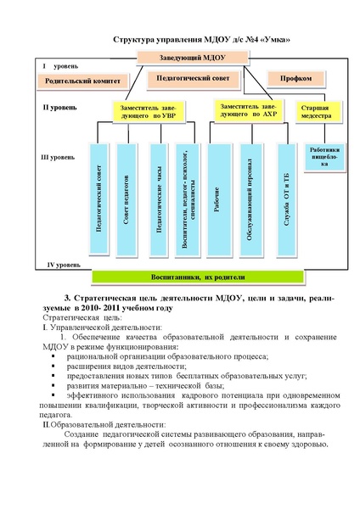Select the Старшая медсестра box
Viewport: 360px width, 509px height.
tap(315, 112)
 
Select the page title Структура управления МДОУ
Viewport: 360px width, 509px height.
tap(194, 40)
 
